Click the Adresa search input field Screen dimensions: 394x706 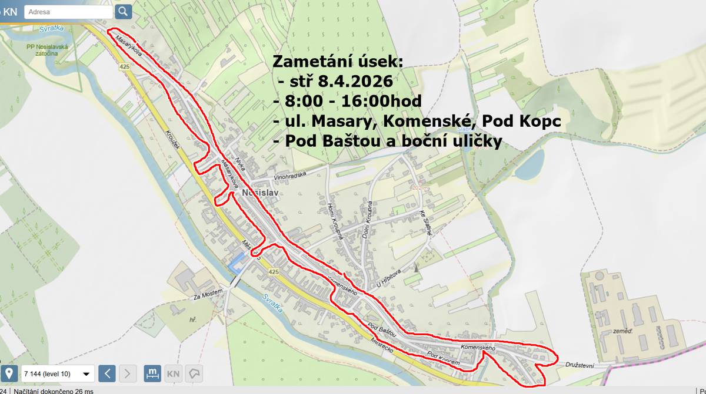[x=68, y=12]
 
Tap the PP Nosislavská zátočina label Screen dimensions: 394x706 [x=46, y=50]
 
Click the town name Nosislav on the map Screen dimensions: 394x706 [x=259, y=193]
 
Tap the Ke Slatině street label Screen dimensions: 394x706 [x=426, y=223]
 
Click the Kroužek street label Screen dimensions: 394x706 [x=172, y=139]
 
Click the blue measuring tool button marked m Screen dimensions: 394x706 [x=152, y=373]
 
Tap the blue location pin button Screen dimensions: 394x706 [x=9, y=373]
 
